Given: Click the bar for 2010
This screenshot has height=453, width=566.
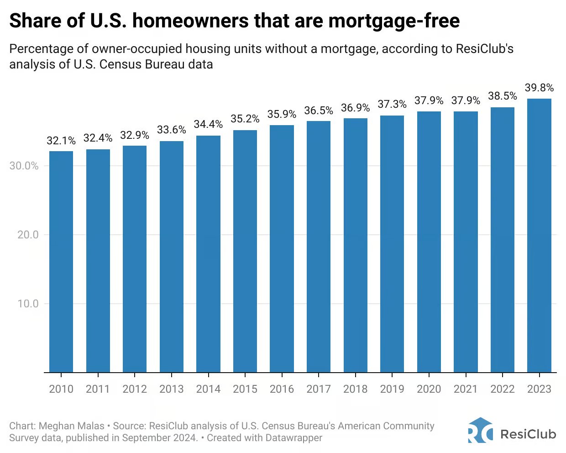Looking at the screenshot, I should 61,261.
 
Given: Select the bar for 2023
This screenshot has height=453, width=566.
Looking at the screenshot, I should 539,235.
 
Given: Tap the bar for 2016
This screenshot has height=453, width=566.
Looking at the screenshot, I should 282,248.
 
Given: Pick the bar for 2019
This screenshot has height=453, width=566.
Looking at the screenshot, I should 392,244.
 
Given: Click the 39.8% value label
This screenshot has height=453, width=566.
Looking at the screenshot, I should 539,88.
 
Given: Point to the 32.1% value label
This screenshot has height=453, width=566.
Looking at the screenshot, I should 61,141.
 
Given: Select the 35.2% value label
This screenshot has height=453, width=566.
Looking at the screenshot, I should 245,119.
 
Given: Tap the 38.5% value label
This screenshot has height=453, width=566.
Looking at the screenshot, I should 503,96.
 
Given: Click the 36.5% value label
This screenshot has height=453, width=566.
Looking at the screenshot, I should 319,111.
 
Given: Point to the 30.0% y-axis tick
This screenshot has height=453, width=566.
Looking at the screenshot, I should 24,166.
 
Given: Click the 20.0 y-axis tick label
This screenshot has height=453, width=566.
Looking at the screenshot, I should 28,235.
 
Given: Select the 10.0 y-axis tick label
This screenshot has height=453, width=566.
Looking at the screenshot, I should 28,304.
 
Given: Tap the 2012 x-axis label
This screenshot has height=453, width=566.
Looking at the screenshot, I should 135,389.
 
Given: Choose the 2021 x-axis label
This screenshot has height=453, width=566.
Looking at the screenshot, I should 466,389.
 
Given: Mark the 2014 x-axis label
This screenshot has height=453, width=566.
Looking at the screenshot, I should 208,389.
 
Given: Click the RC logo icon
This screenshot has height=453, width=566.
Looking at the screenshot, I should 480,431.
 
